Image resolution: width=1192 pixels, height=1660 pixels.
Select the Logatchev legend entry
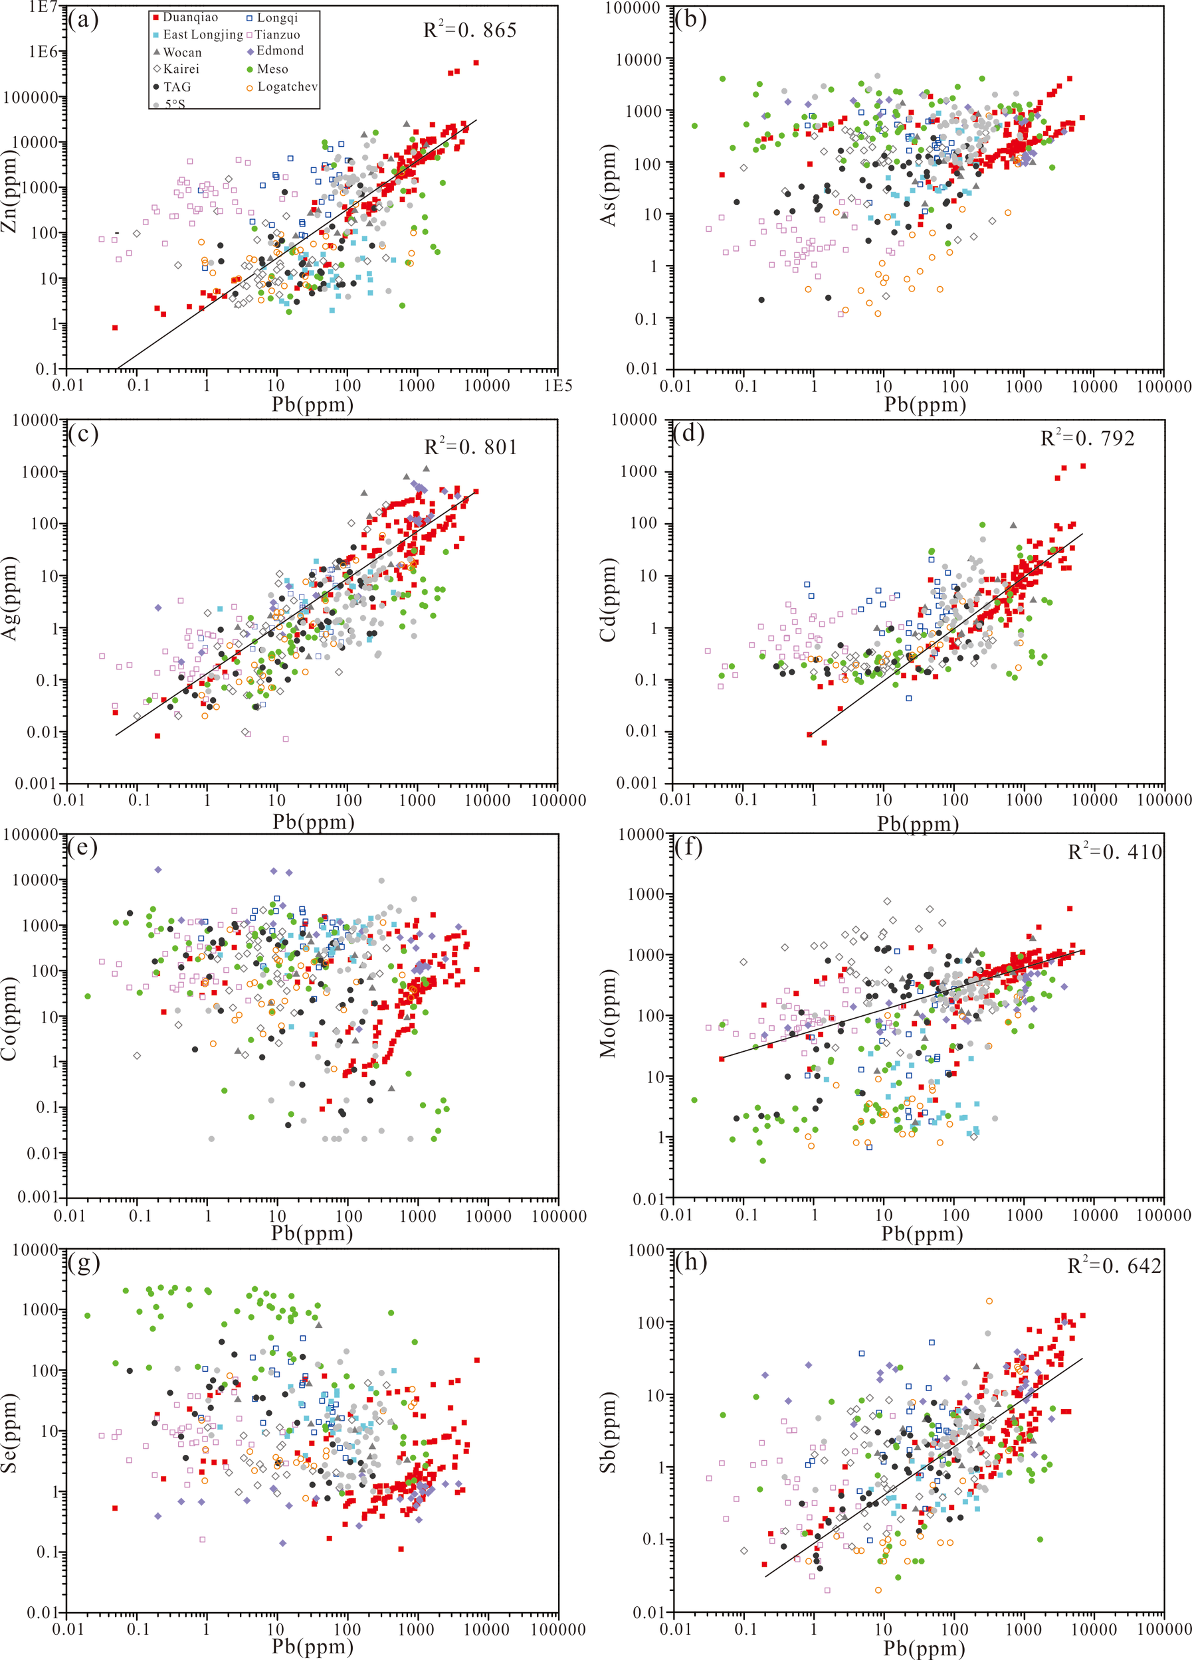[x=286, y=86]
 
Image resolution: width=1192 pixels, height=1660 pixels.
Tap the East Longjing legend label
[x=202, y=35]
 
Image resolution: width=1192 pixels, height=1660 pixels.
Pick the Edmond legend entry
[x=279, y=50]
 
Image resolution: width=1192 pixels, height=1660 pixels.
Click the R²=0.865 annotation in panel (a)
[x=470, y=30]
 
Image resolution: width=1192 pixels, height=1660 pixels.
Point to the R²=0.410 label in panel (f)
[x=1114, y=852]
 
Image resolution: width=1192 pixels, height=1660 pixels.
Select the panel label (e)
[x=83, y=847]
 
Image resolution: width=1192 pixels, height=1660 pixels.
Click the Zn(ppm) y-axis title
[x=9, y=191]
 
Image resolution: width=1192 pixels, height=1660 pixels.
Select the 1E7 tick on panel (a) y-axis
[x=43, y=7]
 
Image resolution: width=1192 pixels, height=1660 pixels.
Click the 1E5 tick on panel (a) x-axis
[x=558, y=386]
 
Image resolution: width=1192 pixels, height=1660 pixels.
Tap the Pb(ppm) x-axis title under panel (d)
[x=918, y=824]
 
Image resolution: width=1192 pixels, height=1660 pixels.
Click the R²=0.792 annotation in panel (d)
[x=1087, y=438]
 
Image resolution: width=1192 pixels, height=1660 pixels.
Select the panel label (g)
[x=83, y=1262]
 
